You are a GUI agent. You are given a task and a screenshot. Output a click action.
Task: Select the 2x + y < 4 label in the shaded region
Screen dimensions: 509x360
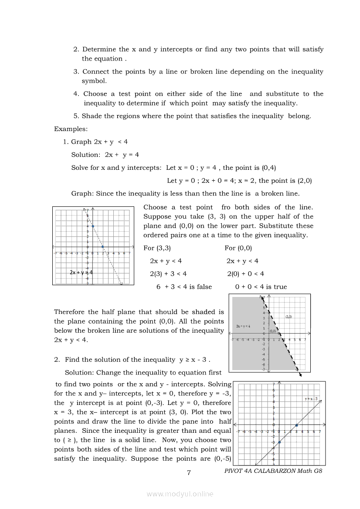243,326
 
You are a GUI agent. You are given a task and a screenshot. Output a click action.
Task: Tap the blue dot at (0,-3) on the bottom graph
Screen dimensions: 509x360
279,442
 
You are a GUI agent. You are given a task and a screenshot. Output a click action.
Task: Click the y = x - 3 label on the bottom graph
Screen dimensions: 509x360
312,398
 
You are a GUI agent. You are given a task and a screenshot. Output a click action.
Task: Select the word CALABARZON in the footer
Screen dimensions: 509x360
275,471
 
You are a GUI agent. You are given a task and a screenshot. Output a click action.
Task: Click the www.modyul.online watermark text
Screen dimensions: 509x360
180,494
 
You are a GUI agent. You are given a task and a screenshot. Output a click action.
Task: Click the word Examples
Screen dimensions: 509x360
71,129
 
